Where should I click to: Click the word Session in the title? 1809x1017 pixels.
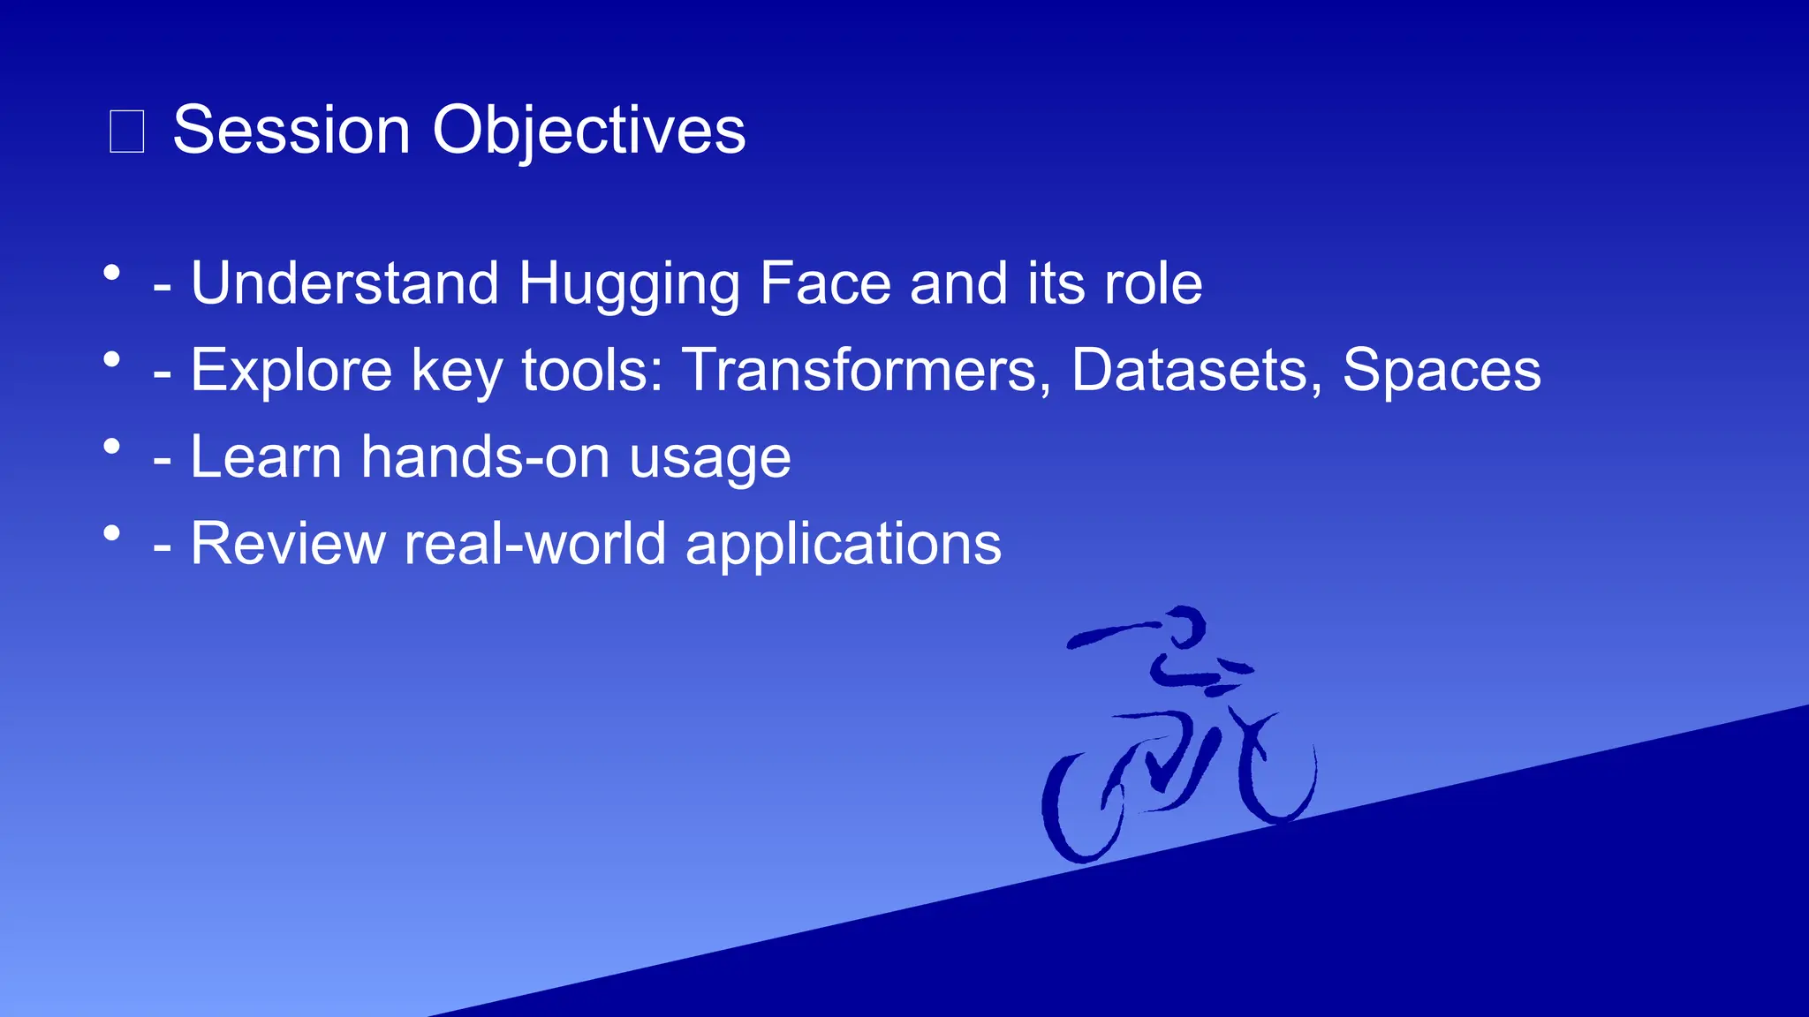coord(291,131)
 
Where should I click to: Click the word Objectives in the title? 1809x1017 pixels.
coord(588,131)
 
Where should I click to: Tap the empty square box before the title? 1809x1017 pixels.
coord(126,132)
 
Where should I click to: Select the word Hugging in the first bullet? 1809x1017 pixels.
coord(629,284)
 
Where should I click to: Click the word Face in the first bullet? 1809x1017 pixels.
coord(825,284)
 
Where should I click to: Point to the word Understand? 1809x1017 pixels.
coord(344,284)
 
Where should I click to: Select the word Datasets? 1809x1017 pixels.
coord(1196,369)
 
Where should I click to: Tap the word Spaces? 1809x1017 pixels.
coord(1442,369)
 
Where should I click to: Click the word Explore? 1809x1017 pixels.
coord(291,371)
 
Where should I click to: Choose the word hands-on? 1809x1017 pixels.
coord(485,457)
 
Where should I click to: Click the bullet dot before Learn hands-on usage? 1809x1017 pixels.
coord(111,447)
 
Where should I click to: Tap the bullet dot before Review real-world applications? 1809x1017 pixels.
coord(111,533)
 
